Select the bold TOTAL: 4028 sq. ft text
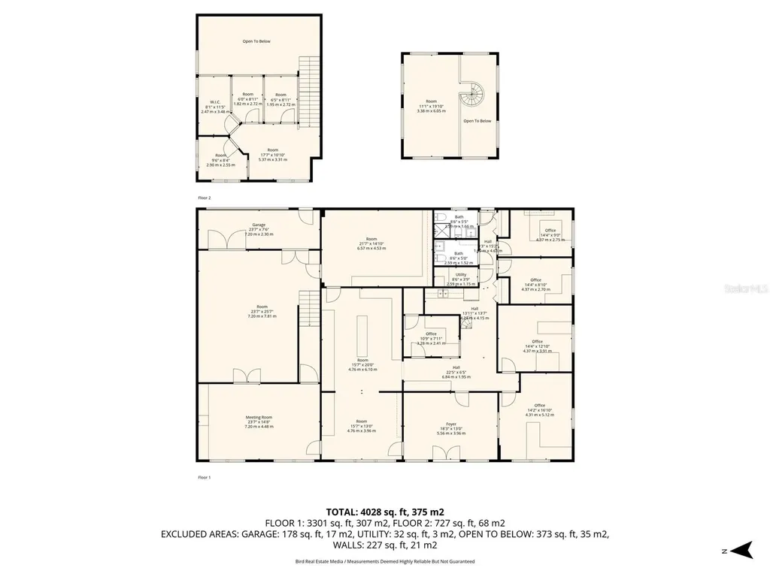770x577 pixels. pos(384,512)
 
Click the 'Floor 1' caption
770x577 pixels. pos(205,476)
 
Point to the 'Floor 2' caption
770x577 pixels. pos(205,197)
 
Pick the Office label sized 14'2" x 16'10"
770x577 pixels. pos(538,408)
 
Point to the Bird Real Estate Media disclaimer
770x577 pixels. pos(384,562)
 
